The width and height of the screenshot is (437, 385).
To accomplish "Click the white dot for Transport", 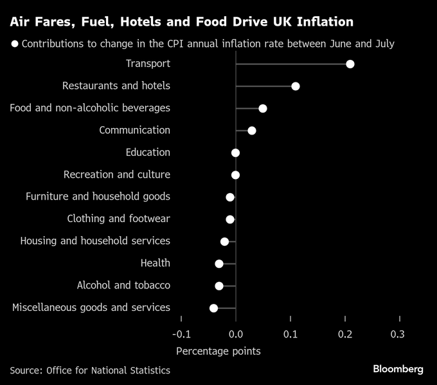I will pos(350,64).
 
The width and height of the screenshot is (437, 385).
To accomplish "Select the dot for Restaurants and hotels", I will pos(296,86).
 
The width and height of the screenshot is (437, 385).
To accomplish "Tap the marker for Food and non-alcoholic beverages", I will pos(263,108).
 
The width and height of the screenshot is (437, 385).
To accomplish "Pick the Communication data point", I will pos(252,131).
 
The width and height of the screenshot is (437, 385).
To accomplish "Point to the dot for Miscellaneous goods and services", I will pos(214,308).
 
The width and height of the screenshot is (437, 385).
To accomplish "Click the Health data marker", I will pos(219,264).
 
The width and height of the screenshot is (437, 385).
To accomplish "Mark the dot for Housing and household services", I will pos(225,241).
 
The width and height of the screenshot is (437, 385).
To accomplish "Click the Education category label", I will pos(148,153).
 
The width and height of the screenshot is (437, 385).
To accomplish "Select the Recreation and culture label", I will pos(117,174).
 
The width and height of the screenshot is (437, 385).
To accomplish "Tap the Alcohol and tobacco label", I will pos(123,285).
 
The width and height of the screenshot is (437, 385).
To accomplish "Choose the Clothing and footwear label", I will pos(119,219).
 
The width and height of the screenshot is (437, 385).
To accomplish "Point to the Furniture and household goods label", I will pos(98,196).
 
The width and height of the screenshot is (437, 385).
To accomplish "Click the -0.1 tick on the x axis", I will pos(181,334).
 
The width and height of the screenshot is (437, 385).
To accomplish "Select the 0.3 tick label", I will pos(398,334).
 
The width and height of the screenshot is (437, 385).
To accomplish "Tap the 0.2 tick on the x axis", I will pos(344,334).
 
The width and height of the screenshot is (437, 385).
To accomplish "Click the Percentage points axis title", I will pos(219,352).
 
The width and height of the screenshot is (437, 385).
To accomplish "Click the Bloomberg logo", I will pos(398,369).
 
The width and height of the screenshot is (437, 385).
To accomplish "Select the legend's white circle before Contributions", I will pos(14,44).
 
